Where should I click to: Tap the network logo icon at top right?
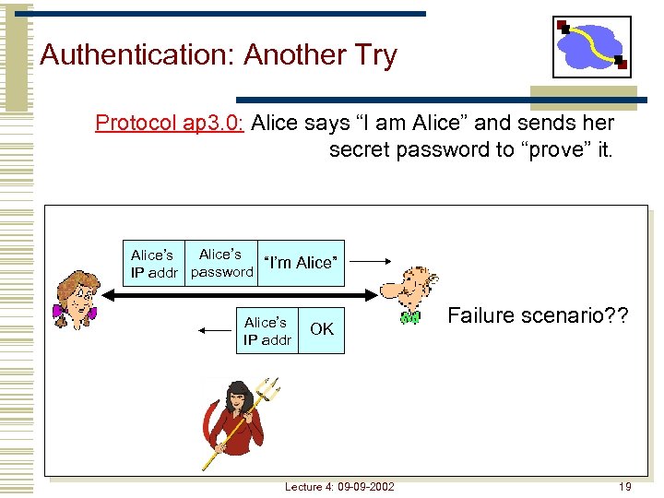591,47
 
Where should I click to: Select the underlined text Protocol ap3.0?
169,123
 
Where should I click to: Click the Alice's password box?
221,263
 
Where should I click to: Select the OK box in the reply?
322,329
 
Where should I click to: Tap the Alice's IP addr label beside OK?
267,331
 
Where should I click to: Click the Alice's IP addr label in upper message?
153,263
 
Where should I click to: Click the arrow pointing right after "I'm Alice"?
371,262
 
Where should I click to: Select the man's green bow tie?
410,318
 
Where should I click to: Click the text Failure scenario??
539,315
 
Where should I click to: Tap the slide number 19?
624,486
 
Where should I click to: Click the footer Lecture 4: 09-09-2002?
338,486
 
